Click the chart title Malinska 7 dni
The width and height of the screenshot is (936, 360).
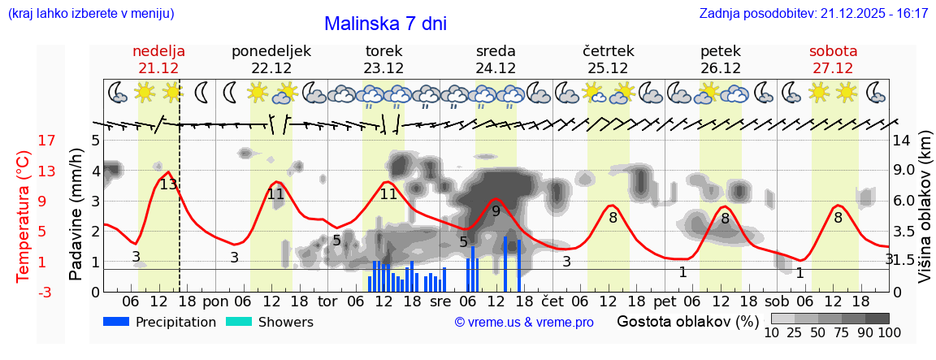[385, 24]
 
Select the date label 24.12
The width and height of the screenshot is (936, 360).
[496, 68]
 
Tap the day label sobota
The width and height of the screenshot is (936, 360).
[833, 51]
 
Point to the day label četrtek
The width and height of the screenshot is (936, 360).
[608, 51]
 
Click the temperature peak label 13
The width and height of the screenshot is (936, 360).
[168, 184]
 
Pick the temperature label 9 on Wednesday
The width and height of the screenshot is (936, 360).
[496, 211]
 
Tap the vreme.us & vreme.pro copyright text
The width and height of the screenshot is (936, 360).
[523, 323]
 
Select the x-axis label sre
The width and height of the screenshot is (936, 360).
[440, 301]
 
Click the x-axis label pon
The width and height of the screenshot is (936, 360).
[215, 301]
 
